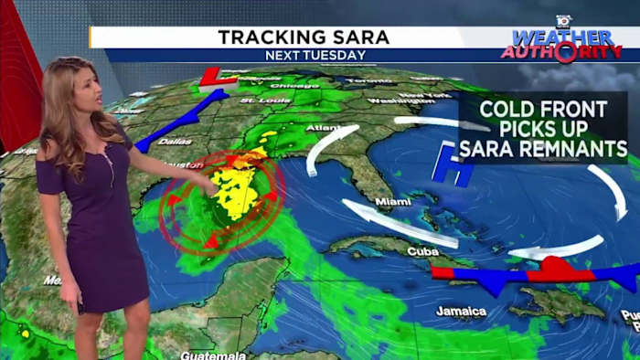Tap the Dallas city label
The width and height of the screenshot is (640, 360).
click(174, 141)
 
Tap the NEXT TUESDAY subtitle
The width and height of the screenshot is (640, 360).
click(315, 55)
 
